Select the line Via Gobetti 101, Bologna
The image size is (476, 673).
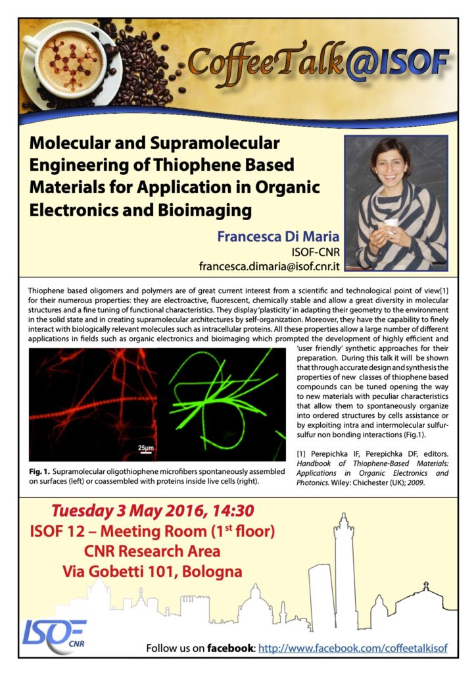[x=152, y=571]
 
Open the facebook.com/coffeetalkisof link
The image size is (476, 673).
[x=353, y=648]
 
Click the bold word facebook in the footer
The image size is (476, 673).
[x=229, y=648]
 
